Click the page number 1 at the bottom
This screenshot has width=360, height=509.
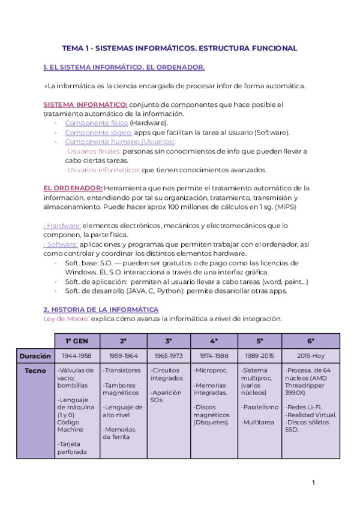coord(313,483)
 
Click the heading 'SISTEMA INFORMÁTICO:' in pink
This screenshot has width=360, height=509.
coord(85,104)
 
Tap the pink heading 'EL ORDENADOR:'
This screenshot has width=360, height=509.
coord(73,188)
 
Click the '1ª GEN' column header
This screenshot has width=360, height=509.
coord(77,340)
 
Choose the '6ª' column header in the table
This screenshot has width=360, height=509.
coord(311,340)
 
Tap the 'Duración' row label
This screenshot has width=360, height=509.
coord(34,355)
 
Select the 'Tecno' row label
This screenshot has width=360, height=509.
coord(35,370)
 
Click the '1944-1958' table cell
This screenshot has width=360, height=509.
coord(77,355)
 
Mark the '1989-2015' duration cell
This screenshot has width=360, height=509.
coord(259,355)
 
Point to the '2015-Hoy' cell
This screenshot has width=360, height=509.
coord(311,355)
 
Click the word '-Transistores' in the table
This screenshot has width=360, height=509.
coord(122,370)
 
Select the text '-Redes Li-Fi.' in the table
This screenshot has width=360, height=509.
coord(303,407)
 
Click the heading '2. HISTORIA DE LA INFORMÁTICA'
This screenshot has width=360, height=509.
coord(101,309)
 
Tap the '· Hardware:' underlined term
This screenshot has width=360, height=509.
coord(62,226)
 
